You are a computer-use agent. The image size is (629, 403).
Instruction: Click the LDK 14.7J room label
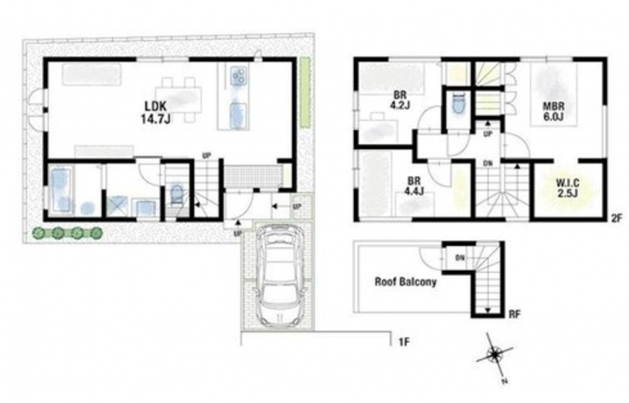point(155,112)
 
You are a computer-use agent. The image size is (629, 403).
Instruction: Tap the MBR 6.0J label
point(554,111)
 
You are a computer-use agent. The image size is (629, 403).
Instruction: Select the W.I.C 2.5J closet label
point(567,188)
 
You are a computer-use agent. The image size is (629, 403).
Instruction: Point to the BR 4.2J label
point(399,100)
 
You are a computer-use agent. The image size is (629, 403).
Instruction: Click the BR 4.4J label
point(414,186)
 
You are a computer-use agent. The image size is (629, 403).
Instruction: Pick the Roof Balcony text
point(405,281)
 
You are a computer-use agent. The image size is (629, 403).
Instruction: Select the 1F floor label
point(404,342)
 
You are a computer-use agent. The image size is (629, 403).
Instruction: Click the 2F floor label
point(616,219)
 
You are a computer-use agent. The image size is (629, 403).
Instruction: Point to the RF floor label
point(515,314)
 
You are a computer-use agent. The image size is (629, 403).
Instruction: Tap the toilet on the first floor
point(177,195)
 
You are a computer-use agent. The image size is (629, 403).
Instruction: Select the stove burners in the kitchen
point(238,76)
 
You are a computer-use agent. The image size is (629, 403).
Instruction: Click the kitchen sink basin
point(238,116)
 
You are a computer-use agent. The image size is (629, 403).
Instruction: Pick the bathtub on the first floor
point(62,191)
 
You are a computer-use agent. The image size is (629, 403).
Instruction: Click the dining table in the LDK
point(179,100)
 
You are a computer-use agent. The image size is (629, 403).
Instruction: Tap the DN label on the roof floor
point(460,258)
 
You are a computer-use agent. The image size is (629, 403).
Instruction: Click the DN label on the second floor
point(488,163)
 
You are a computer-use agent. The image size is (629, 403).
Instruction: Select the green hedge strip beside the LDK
point(305,93)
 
